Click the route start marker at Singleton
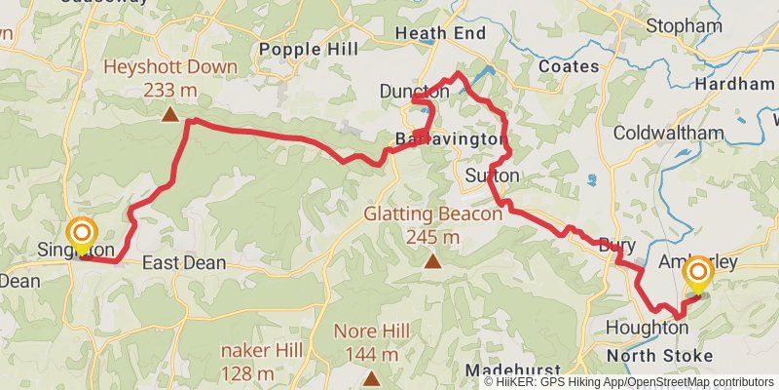click(x=81, y=233)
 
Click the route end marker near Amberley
click(x=698, y=272)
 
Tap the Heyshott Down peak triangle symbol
click(x=170, y=114)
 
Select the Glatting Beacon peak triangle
click(x=432, y=261)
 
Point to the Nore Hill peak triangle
click(x=370, y=376)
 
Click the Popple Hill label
click(x=308, y=49)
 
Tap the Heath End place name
click(x=440, y=33)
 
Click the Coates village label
click(x=568, y=66)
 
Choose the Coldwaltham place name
click(x=669, y=133)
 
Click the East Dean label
click(x=184, y=263)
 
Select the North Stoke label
click(x=659, y=355)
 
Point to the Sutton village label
click(x=493, y=175)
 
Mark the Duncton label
click(x=414, y=92)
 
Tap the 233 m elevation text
click(x=170, y=91)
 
